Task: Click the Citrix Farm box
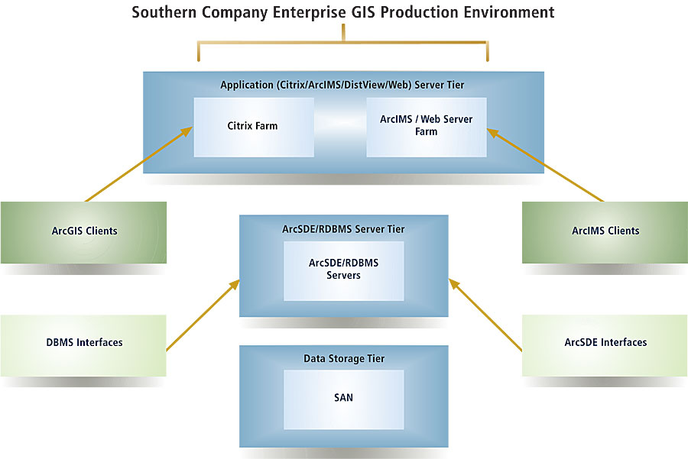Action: click(x=253, y=126)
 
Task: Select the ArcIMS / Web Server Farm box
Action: click(x=426, y=126)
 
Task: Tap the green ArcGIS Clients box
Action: click(x=83, y=231)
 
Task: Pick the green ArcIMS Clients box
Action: click(x=605, y=231)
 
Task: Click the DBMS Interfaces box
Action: click(x=83, y=342)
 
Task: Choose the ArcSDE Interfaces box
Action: click(x=605, y=342)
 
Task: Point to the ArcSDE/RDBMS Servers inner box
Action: click(x=343, y=270)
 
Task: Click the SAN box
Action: click(x=343, y=398)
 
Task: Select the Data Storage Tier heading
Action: click(x=343, y=358)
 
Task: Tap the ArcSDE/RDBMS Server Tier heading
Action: click(x=343, y=228)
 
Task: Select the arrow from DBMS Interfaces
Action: click(x=200, y=315)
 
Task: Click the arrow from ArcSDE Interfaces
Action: click(x=487, y=316)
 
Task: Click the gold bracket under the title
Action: click(x=343, y=42)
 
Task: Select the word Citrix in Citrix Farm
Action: click(x=241, y=126)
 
